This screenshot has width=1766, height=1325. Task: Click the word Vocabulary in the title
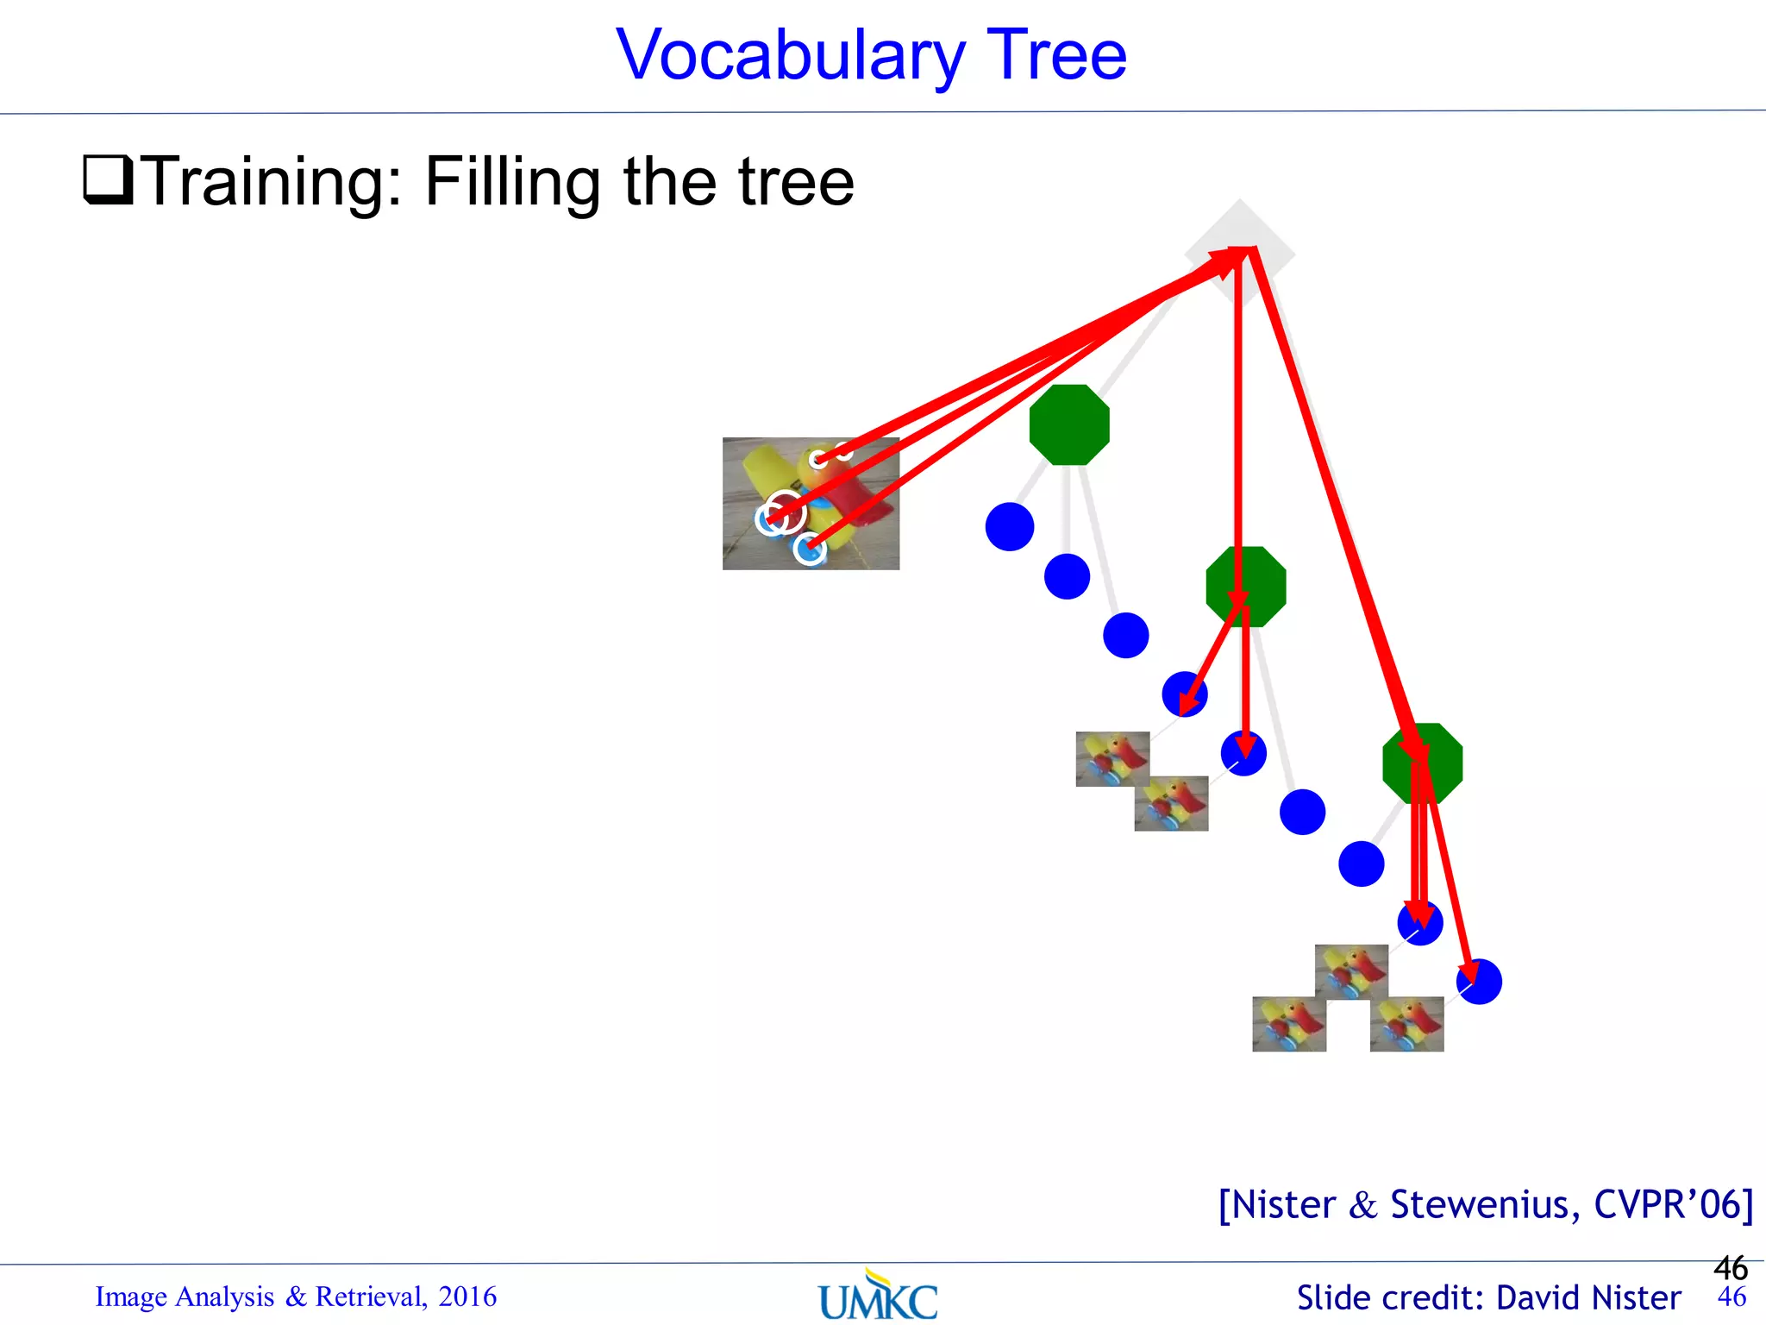[x=789, y=56]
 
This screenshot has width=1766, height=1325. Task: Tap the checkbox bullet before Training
[x=108, y=179]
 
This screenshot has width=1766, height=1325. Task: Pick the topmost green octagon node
[x=1069, y=425]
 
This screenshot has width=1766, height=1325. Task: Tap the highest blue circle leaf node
[x=1009, y=527]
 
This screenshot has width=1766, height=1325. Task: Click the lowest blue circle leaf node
[x=1480, y=982]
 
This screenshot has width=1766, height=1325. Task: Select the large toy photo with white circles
[x=811, y=504]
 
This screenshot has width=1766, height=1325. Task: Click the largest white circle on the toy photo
[x=785, y=512]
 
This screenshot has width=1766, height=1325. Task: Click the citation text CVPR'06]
[x=1673, y=1204]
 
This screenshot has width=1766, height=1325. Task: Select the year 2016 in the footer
[x=467, y=1297]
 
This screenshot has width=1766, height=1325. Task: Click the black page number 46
[x=1731, y=1268]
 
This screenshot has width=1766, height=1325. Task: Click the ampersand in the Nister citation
[x=1362, y=1205]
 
